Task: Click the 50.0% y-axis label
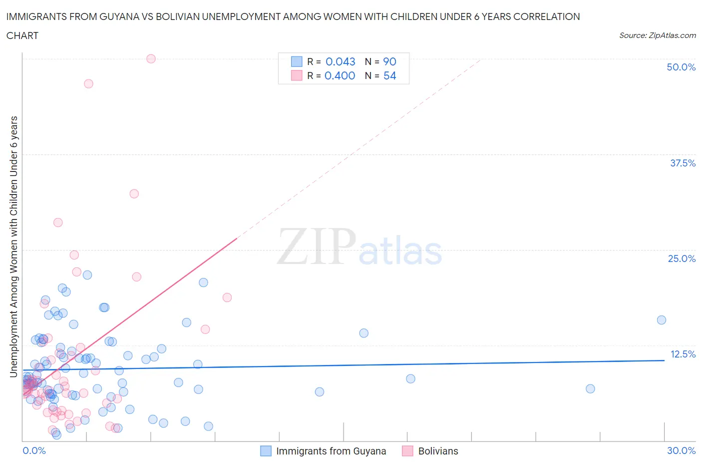(681, 67)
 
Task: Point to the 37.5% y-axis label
(682, 163)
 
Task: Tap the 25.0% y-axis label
(681, 258)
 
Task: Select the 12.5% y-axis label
(683, 354)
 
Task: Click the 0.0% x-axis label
(34, 450)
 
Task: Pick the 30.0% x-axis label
(681, 450)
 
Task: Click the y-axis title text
(14, 246)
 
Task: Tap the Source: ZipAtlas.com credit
(657, 35)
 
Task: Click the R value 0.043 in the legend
(340, 61)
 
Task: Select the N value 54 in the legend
(389, 75)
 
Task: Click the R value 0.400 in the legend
(340, 75)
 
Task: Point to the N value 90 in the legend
(389, 61)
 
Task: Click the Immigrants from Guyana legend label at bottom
(331, 451)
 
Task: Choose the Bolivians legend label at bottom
(438, 451)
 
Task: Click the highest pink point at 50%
(151, 58)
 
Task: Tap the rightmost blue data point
(661, 320)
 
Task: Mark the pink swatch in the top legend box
(297, 75)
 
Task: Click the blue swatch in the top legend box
(297, 61)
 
